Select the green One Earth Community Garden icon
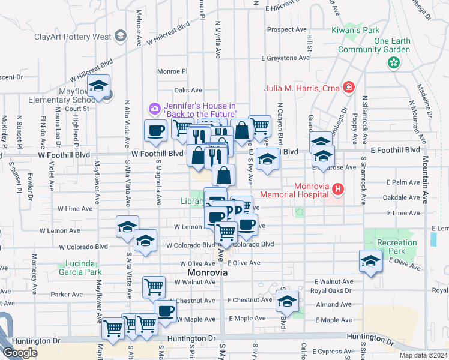coord(394,62)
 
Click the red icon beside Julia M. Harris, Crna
coord(348,88)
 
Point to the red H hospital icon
coord(338,190)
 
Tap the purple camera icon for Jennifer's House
coord(155,109)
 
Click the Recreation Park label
coord(396,247)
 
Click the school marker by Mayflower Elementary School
coord(99,86)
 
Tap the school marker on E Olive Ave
coord(370,260)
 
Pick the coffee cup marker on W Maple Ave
coord(166,310)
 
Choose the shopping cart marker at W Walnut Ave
coord(154,287)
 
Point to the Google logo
coord(20,353)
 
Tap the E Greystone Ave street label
coord(286,58)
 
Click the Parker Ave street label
coord(67,295)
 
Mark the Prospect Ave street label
coord(287,29)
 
